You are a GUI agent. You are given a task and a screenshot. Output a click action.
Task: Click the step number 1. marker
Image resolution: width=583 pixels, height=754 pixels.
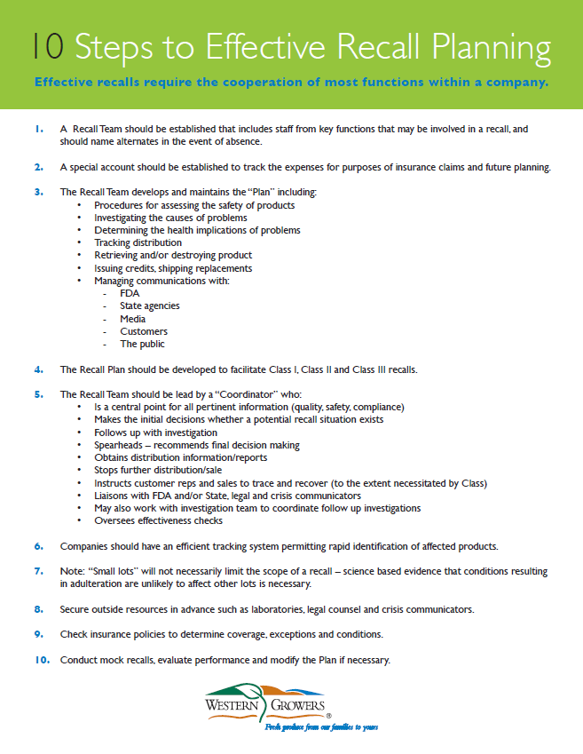tap(39, 129)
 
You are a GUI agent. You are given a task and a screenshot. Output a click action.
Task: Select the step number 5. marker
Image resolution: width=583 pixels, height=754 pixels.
tap(39, 393)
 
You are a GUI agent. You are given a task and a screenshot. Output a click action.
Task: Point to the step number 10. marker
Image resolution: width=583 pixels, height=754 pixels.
tap(41, 660)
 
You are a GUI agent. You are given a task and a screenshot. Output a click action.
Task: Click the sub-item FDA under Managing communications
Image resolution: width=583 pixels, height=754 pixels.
tap(130, 293)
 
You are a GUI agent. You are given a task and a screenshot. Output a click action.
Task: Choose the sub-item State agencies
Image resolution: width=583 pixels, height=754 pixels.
tap(150, 306)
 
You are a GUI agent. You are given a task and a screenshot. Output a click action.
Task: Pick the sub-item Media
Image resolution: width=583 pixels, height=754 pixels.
tap(133, 319)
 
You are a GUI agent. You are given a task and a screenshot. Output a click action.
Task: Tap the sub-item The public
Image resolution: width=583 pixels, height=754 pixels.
tap(143, 344)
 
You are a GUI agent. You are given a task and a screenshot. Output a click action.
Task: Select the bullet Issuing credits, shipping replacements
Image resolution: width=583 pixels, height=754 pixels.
tap(173, 268)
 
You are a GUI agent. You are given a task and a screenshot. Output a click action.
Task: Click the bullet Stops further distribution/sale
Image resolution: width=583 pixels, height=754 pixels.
tap(158, 470)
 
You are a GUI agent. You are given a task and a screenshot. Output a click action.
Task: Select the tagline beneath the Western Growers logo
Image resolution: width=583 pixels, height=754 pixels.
tap(320, 726)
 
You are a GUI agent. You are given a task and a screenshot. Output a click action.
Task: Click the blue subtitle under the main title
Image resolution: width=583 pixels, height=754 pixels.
tap(291, 83)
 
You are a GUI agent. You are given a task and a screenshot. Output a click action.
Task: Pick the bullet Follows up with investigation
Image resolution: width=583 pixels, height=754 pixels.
tap(155, 433)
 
